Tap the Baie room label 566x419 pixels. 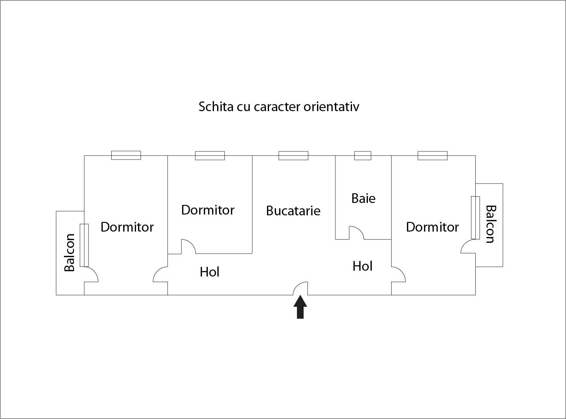point(363,198)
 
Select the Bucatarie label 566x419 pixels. point(293,211)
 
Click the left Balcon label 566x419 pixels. point(69,252)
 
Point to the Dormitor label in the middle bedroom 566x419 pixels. point(208,210)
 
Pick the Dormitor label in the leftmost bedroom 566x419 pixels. point(127,227)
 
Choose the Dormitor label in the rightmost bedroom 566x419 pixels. point(432,227)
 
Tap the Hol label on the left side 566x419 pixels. point(210,272)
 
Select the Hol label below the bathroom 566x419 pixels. point(362,266)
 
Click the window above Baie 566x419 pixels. point(363,156)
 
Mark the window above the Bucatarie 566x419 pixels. point(293,156)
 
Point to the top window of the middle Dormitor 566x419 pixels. point(210,156)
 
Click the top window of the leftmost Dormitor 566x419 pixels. point(126,155)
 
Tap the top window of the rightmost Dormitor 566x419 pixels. point(433,156)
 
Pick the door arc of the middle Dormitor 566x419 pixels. point(189,246)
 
